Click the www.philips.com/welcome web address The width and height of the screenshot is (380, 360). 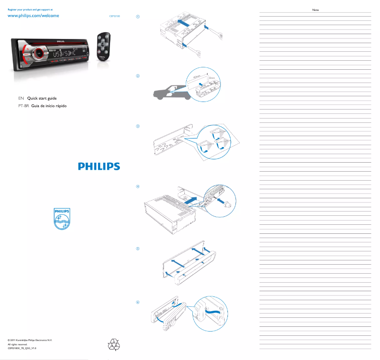pos(33,16)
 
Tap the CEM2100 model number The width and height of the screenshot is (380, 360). pos(115,16)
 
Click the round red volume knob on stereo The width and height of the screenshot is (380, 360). pos(36,54)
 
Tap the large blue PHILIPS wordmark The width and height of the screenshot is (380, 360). pos(99,166)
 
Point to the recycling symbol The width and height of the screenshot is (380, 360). pos(114,344)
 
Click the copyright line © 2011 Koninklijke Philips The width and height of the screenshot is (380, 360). pos(30,341)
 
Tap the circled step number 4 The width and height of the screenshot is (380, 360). pos(138,186)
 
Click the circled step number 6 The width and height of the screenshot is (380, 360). pos(138,302)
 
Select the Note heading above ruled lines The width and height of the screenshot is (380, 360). pos(316,9)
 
